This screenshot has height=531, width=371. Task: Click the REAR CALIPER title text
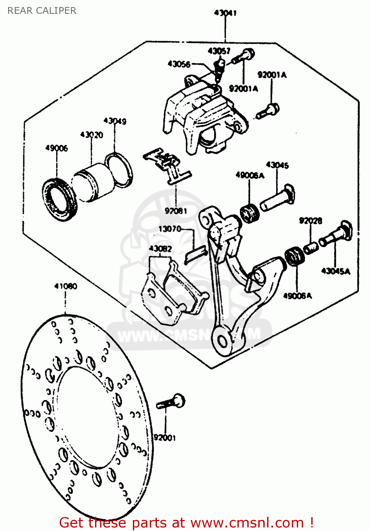tap(42, 11)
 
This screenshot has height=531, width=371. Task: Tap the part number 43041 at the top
tap(225, 13)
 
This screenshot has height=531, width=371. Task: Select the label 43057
tap(219, 51)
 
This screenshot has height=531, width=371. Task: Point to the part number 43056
tap(179, 64)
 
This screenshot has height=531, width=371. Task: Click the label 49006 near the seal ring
tap(57, 148)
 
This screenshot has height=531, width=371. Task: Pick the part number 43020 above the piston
tap(92, 135)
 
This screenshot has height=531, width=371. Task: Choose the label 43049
tap(115, 121)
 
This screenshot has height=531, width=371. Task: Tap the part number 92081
tap(176, 211)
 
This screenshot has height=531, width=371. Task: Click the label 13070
tap(170, 229)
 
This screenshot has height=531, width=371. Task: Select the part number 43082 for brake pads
tap(160, 249)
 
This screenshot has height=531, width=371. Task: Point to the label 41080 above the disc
tap(66, 286)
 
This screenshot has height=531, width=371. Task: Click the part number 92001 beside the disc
tap(165, 438)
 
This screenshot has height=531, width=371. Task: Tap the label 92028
tap(311, 221)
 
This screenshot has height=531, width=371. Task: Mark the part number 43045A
tap(336, 271)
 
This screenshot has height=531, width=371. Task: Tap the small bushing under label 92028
tap(311, 247)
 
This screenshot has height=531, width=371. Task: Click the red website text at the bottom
tap(186, 523)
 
